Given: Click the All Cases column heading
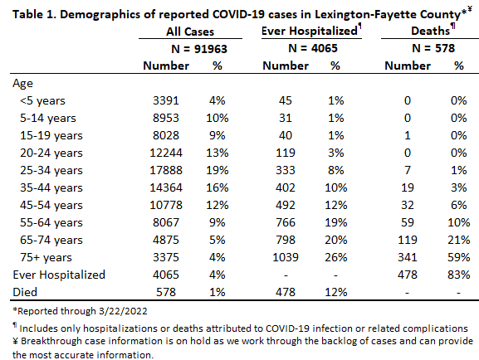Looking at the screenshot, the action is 190,32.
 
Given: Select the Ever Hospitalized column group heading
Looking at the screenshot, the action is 310,31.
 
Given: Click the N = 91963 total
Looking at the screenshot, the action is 199,49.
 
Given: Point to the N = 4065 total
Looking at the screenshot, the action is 313,48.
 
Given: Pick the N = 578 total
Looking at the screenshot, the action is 433,48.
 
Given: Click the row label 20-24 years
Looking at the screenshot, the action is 51,153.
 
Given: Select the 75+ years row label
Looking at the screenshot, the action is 46,257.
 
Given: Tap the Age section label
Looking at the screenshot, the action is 22,83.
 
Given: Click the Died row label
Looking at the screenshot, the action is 25,292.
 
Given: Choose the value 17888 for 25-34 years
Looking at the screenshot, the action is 166,170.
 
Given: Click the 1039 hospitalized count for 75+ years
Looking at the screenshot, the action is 286,257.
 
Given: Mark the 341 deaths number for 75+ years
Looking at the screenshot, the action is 408,257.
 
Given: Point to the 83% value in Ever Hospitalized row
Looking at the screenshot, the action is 458,275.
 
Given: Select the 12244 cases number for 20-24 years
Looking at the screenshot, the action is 166,153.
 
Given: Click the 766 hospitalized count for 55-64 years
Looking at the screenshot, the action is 286,222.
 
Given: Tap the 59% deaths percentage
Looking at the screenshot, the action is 458,257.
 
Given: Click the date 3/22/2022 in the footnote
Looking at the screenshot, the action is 123,311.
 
